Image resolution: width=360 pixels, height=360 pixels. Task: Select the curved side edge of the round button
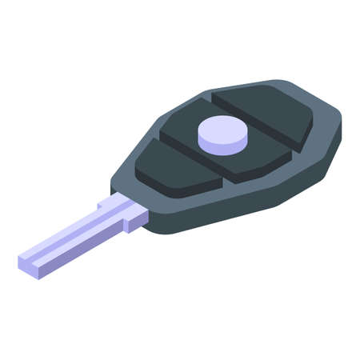222,144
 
